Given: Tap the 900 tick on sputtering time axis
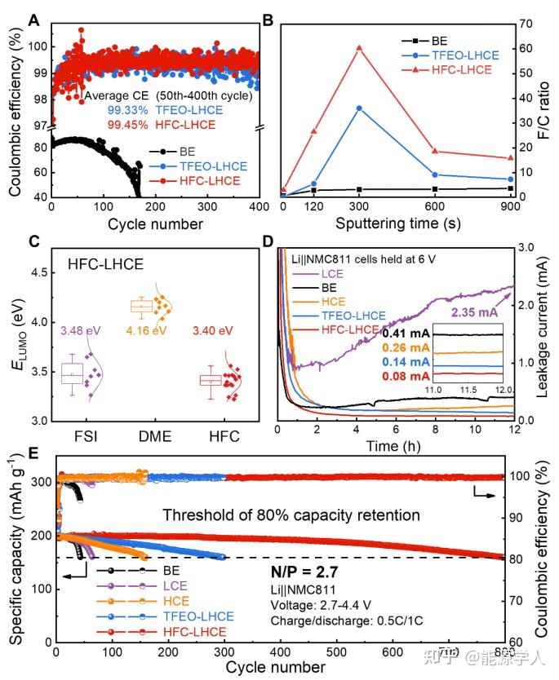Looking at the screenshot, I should click(511, 208).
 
